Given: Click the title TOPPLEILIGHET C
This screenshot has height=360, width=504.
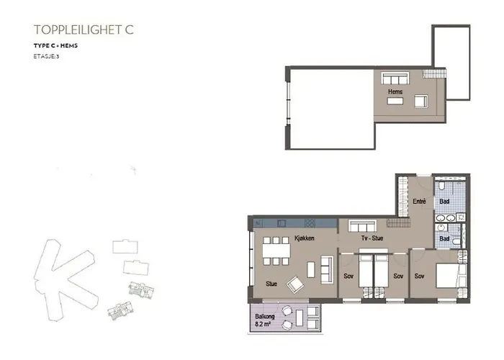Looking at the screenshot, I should (x=84, y=30).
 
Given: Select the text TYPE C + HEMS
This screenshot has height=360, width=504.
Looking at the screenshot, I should (x=55, y=46).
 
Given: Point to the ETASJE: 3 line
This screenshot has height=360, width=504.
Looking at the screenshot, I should (x=46, y=55).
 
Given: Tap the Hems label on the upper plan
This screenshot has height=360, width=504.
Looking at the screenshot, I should (x=395, y=92).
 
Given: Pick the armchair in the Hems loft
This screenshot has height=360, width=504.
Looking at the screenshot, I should (x=418, y=102).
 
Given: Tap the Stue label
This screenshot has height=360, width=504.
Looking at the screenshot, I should (x=271, y=283).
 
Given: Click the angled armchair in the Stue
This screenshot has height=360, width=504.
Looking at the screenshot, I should (x=294, y=284).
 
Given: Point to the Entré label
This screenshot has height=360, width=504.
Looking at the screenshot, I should (x=420, y=202).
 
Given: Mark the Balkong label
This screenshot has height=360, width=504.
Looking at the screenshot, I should (x=264, y=318).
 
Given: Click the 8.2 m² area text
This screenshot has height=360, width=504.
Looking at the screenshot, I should (x=264, y=325).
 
